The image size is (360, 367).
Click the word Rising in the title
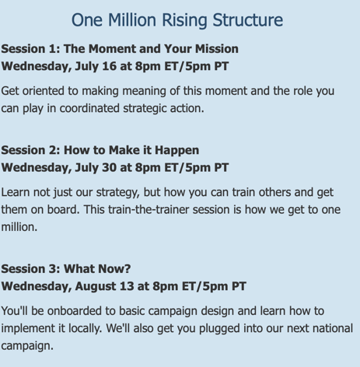[x=184, y=21]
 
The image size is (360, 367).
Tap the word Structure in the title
[x=248, y=19]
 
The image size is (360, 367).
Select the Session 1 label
[x=30, y=49]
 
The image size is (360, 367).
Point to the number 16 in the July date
[x=109, y=66]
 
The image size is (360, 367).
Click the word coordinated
[x=89, y=108]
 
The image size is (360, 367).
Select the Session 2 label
[x=30, y=150]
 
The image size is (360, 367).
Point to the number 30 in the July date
[x=109, y=167]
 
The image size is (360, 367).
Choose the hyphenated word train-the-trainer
[x=149, y=209]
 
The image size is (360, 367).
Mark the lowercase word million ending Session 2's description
[x=19, y=227]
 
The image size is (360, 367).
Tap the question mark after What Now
[x=128, y=269]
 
